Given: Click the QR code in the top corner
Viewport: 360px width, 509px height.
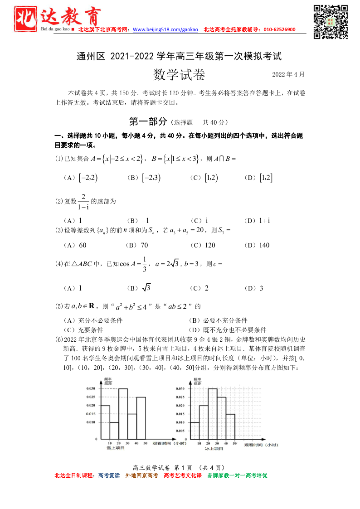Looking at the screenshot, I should (x=331, y=21).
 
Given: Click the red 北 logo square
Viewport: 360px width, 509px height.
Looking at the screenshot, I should (x=26, y=19).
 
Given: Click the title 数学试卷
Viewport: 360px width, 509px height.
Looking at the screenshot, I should (x=179, y=75).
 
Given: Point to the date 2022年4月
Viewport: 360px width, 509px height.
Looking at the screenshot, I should (x=288, y=74).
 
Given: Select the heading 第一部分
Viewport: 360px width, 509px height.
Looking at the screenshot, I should (x=148, y=121).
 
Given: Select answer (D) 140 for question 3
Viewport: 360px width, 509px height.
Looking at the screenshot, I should (x=257, y=245).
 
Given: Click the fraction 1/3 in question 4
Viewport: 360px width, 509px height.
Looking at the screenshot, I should (x=145, y=263).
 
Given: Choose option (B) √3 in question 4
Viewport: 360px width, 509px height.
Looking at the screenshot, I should (x=140, y=288).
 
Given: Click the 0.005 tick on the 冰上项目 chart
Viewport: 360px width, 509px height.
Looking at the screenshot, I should (x=180, y=431).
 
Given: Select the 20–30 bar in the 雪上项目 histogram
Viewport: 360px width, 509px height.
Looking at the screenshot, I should (x=123, y=413).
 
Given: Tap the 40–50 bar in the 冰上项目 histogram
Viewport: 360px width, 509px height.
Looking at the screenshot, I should (x=230, y=426).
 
